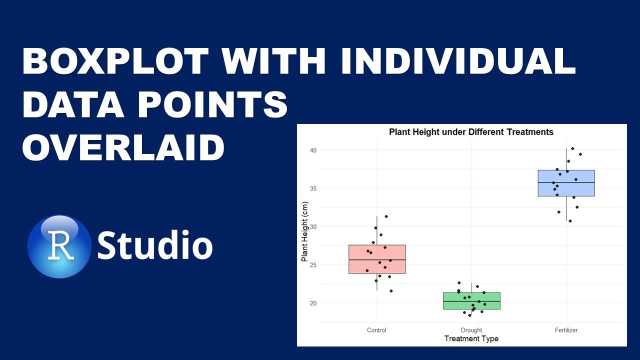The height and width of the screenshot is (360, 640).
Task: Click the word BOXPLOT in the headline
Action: pyautogui.click(x=115, y=61)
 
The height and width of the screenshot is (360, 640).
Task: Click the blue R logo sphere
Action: pyautogui.click(x=59, y=246)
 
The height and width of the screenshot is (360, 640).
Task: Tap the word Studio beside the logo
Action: pyautogui.click(x=154, y=246)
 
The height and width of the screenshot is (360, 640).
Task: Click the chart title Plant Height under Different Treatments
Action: pyautogui.click(x=471, y=132)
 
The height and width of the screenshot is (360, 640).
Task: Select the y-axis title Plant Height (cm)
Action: pyautogui.click(x=304, y=231)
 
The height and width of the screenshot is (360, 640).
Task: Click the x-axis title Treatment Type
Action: pyautogui.click(x=471, y=338)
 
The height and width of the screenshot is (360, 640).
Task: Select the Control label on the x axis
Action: pyautogui.click(x=376, y=330)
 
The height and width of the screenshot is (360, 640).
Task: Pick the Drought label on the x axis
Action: pyautogui.click(x=471, y=330)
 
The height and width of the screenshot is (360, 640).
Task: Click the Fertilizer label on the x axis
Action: pyautogui.click(x=566, y=330)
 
